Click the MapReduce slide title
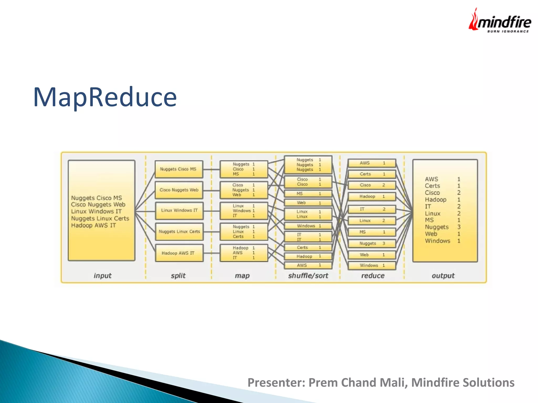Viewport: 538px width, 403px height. tap(105, 97)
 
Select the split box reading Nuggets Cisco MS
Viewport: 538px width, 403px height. tap(179, 169)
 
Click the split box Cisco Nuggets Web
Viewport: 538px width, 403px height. tap(179, 190)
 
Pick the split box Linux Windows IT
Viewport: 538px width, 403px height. tap(179, 210)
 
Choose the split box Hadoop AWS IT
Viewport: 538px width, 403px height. tap(179, 253)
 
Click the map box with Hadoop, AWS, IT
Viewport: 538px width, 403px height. tap(244, 253)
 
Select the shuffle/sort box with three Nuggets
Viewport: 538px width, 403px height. tap(308, 165)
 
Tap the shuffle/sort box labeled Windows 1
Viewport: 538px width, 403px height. tap(308, 226)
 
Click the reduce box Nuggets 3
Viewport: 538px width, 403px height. tap(372, 243)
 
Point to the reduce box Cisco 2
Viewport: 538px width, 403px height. tap(372, 185)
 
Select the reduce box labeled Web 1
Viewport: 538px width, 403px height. tap(372, 255)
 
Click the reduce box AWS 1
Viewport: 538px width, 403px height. tap(372, 163)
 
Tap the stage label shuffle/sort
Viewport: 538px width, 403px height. tap(308, 276)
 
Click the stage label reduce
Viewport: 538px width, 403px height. tap(373, 276)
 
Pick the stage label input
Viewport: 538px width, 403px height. tap(102, 276)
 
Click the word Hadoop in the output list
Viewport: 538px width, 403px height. tap(436, 200)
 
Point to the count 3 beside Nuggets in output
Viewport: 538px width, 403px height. tap(459, 227)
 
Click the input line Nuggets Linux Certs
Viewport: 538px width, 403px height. tap(100, 219)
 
